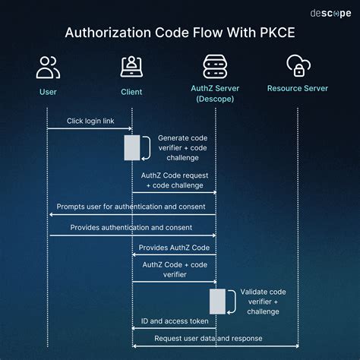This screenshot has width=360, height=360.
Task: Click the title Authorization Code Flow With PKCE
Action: point(180,33)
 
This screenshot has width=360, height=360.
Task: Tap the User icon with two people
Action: point(48,67)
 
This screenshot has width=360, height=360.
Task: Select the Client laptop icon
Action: point(132,67)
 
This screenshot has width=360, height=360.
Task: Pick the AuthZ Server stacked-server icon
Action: point(216,67)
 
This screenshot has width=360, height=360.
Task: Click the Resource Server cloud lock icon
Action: point(298,67)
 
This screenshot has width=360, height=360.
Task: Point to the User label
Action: point(48,92)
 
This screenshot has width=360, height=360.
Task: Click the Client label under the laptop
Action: point(132,92)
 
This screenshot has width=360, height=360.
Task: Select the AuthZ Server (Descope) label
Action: point(216,93)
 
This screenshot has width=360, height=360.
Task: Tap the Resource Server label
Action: point(298,88)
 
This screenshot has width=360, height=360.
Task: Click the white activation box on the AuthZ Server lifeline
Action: point(217,302)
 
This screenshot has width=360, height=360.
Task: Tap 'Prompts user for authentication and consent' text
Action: point(131,207)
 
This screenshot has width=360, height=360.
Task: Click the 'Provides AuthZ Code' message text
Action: point(173,248)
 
